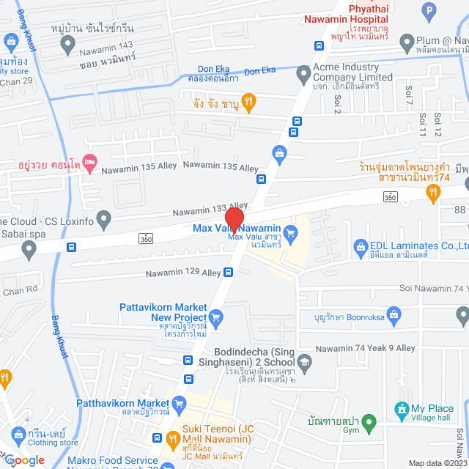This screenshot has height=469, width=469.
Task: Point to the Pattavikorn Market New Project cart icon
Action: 215,317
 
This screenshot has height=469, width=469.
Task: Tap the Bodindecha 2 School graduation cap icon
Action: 304,361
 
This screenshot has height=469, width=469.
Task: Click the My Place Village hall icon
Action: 400,408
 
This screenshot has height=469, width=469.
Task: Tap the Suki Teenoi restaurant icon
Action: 173,440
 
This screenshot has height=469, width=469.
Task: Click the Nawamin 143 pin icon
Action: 68,45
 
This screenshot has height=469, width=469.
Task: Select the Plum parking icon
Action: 429,10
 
